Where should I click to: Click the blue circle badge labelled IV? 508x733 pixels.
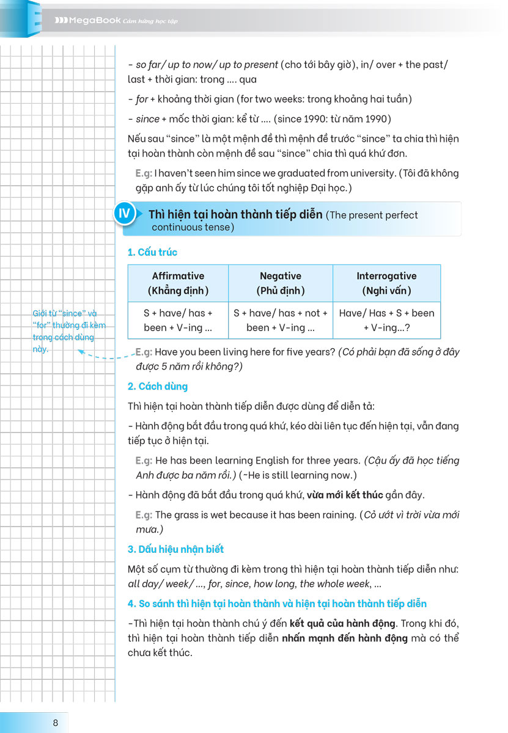[x=124, y=214]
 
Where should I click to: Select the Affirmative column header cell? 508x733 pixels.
[x=178, y=283]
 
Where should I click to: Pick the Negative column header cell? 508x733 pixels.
[x=281, y=283]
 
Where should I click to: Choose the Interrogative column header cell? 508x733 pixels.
[x=386, y=283]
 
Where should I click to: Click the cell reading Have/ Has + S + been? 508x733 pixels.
[x=386, y=320]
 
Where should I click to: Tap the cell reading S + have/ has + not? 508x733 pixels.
[x=281, y=320]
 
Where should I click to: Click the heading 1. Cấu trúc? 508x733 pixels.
[x=152, y=252]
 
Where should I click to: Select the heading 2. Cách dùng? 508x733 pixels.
[x=157, y=386]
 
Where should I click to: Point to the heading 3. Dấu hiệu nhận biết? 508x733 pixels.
[x=175, y=549]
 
